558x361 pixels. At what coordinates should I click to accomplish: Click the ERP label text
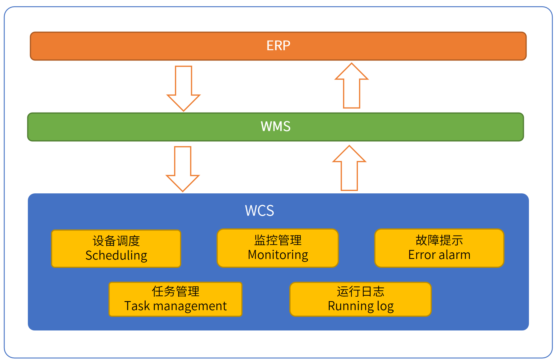point(278,46)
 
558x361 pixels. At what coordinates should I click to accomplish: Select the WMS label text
point(276,126)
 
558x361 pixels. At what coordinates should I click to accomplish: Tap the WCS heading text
point(259,210)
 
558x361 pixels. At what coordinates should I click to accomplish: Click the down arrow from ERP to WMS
point(183,88)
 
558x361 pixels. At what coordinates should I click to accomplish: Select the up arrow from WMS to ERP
point(351,86)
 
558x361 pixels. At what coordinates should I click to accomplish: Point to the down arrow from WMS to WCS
point(183,169)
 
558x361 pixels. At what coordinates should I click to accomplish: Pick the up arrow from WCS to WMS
point(349,168)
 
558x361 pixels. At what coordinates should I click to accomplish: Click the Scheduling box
point(116,248)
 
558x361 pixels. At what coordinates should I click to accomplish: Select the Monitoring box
point(278,248)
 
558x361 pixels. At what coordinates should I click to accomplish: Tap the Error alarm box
point(439,248)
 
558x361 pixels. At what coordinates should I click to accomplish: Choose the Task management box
point(176,299)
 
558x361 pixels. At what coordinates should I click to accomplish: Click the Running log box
point(361,299)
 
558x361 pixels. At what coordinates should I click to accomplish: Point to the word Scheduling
point(116,256)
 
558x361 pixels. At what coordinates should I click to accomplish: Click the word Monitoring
point(278,255)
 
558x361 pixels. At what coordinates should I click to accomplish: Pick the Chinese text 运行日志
point(361,292)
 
